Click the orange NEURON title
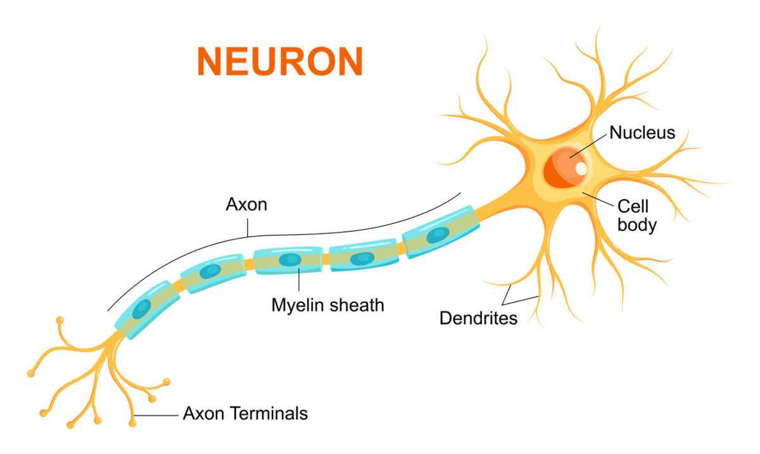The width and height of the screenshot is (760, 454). pos(280,62)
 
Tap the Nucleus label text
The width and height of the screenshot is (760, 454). pos(642,133)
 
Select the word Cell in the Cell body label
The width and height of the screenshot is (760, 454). pos(633,207)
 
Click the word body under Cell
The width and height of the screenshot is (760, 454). pos(636,224)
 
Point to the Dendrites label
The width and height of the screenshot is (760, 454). pos(478,318)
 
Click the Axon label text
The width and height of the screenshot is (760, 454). pos(246,205)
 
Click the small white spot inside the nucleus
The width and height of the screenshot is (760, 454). pos(580,169)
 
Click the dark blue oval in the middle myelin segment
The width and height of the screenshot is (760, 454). pos(290,259)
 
